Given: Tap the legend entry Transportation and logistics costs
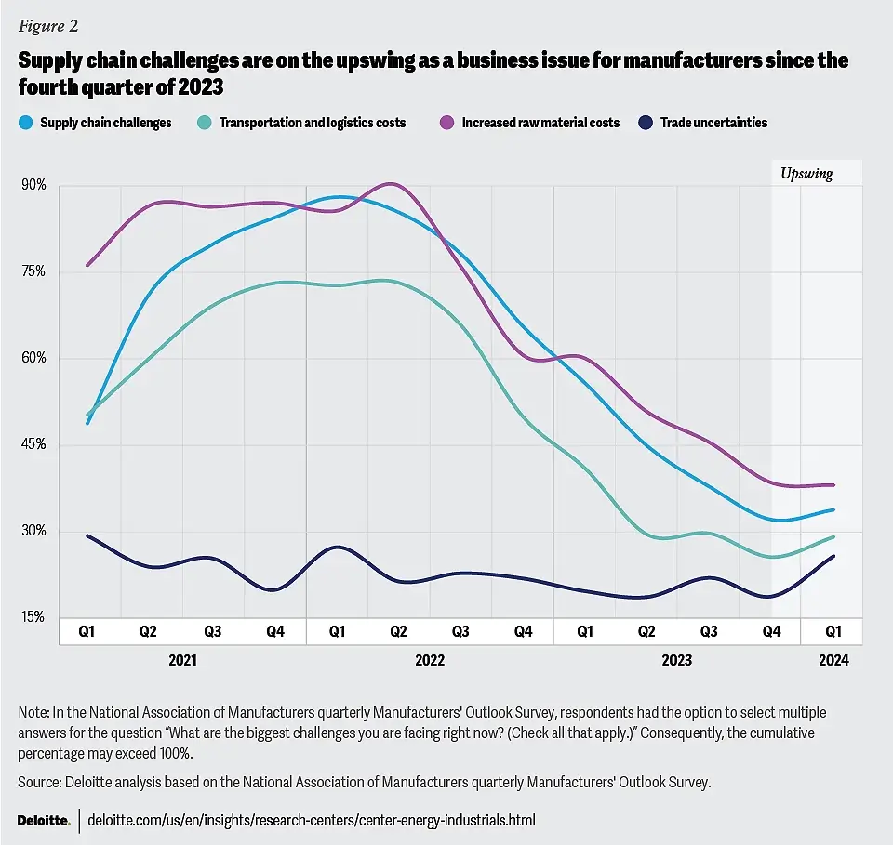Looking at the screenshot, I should [x=313, y=122].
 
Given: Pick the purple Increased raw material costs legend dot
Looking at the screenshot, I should [x=446, y=122].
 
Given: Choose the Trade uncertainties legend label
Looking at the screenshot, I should [x=713, y=122].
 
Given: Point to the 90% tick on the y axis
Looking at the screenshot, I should [x=33, y=185].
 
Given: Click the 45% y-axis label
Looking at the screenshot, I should [x=33, y=444].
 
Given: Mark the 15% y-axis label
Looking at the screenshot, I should [x=33, y=617].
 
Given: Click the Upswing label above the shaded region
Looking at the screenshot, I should [x=806, y=174].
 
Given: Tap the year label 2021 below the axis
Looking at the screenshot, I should [x=182, y=661].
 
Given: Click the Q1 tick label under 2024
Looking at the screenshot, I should [x=834, y=631].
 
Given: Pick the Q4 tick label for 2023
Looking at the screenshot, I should [x=771, y=631].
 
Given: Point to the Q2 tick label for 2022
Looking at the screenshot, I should [x=399, y=631].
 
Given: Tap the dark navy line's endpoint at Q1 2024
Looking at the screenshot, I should [x=833, y=556].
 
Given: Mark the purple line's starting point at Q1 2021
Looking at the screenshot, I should [x=87, y=265].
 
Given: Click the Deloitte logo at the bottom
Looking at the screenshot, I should [x=44, y=820].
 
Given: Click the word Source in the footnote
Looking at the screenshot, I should [x=38, y=783].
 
